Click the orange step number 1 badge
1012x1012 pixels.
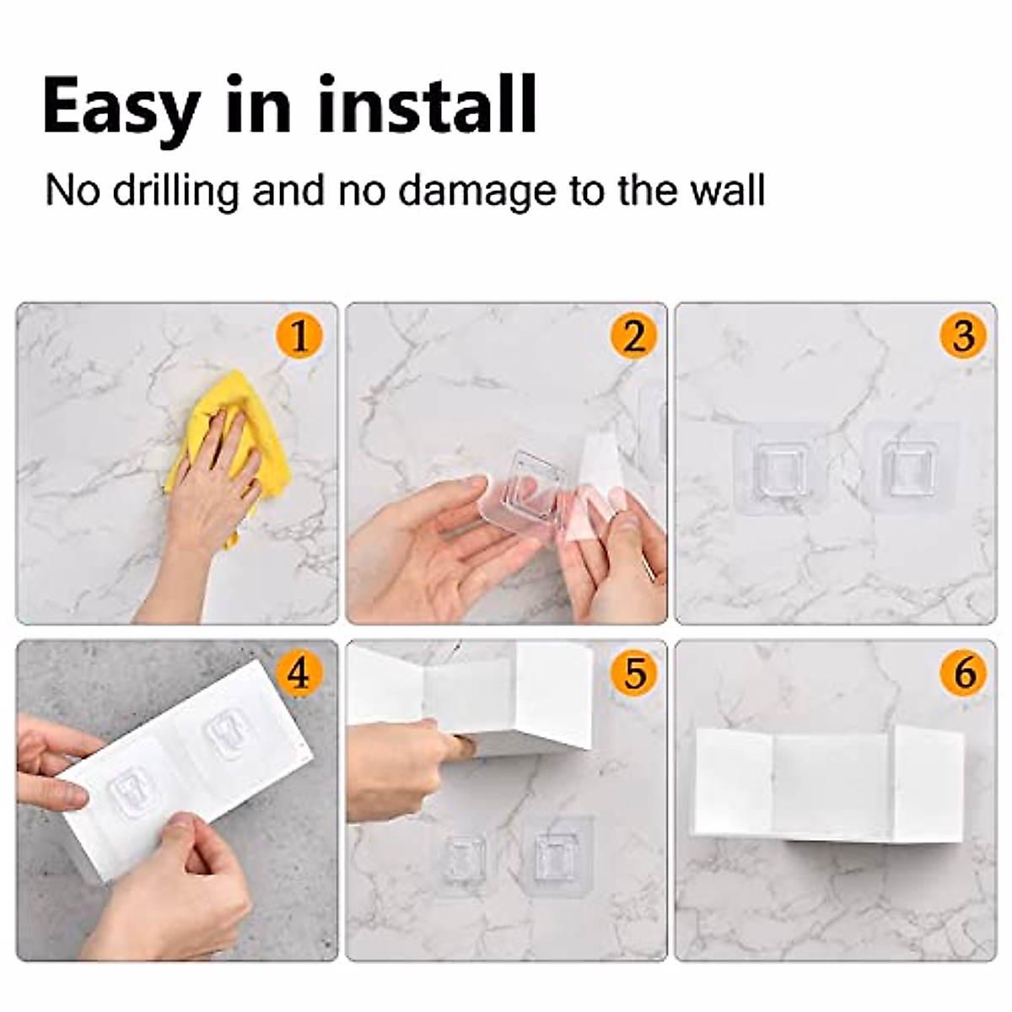(299, 336)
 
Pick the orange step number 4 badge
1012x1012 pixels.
(299, 673)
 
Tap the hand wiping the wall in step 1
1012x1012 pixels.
(211, 489)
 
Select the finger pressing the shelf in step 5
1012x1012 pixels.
(460, 746)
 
